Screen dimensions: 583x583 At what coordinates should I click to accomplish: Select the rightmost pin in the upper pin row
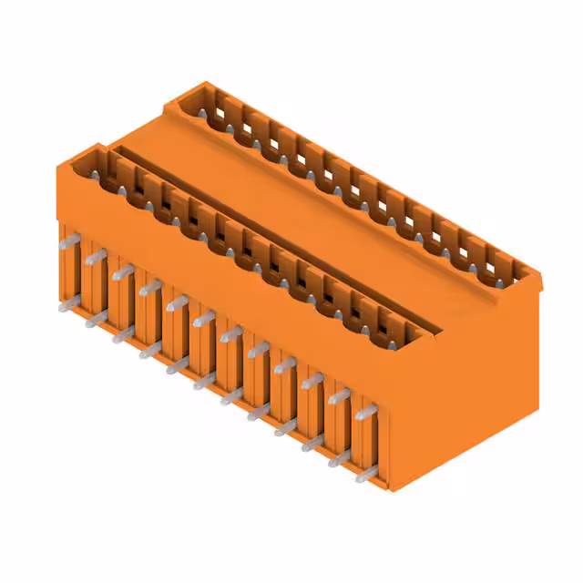(365, 413)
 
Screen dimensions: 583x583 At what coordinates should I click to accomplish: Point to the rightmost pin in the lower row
(365, 474)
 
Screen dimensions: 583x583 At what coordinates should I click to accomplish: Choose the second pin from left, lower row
(95, 320)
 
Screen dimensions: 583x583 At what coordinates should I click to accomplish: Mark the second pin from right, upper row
(339, 397)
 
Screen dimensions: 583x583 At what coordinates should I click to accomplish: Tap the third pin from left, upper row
(122, 271)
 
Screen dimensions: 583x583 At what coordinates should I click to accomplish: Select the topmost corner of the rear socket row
(197, 84)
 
